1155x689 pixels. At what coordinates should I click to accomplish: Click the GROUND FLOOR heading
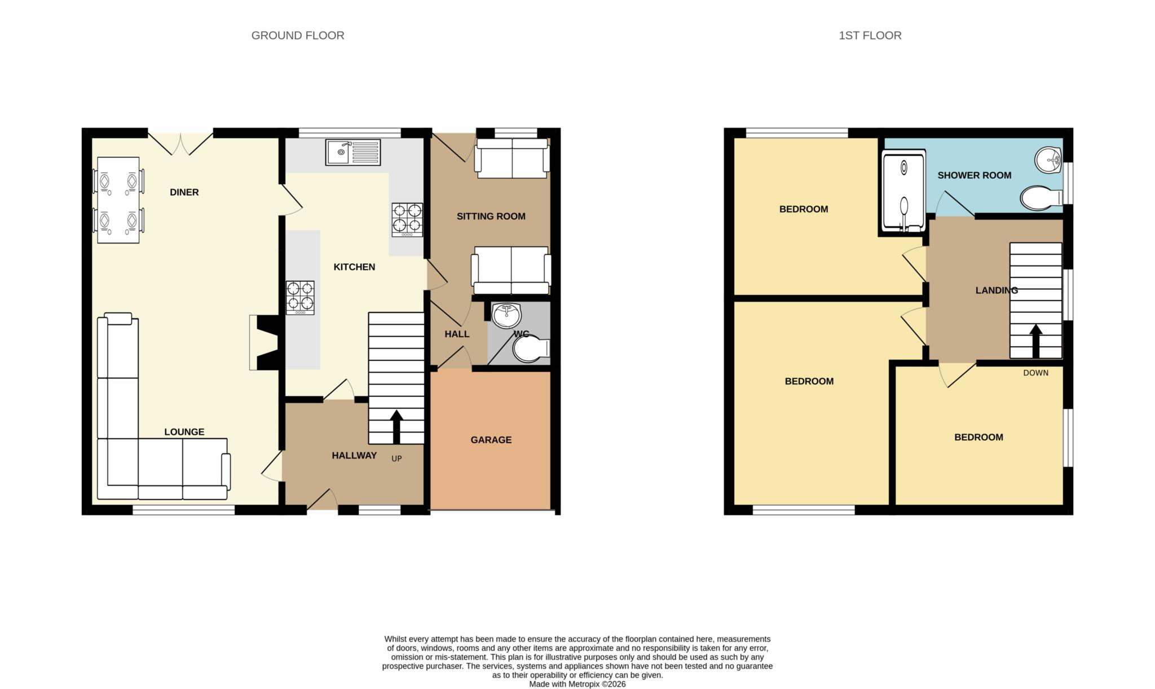pyautogui.click(x=298, y=36)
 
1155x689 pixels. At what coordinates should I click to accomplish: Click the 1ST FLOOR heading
pyautogui.click(x=870, y=36)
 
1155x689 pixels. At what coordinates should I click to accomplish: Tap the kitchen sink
pyautogui.click(x=352, y=152)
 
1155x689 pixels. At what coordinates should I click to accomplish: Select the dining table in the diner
pyautogui.click(x=118, y=200)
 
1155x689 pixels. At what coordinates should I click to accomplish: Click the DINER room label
pyautogui.click(x=184, y=192)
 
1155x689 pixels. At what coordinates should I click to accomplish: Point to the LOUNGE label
pyautogui.click(x=184, y=432)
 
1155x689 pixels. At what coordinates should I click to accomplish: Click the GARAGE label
pyautogui.click(x=491, y=440)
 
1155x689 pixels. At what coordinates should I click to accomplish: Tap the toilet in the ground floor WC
pyautogui.click(x=531, y=348)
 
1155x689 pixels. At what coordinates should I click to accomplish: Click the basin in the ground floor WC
pyautogui.click(x=506, y=316)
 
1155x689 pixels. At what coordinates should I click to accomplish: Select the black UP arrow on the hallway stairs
pyautogui.click(x=396, y=427)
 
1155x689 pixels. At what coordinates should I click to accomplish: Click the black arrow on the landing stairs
pyautogui.click(x=1035, y=341)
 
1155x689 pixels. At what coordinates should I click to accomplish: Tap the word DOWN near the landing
pyautogui.click(x=1036, y=373)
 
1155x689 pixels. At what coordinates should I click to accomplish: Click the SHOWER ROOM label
pyautogui.click(x=975, y=175)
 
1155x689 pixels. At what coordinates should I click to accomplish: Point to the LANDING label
pyautogui.click(x=997, y=290)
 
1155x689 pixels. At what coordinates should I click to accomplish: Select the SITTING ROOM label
pyautogui.click(x=491, y=217)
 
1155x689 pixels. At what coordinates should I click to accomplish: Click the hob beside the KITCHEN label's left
pyautogui.click(x=300, y=298)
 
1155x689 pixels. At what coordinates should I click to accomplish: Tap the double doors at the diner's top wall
pyautogui.click(x=180, y=144)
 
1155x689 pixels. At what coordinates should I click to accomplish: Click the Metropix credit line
pyautogui.click(x=577, y=684)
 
